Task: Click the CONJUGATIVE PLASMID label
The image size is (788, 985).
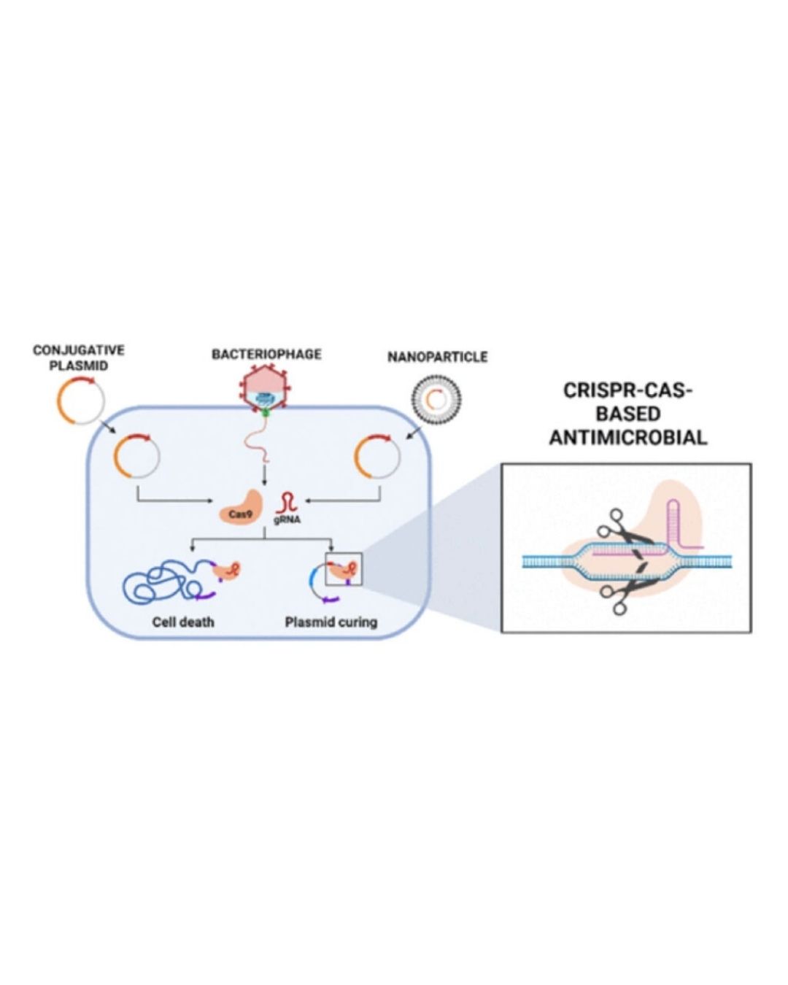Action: click(x=79, y=358)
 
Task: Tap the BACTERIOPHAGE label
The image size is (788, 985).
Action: click(x=266, y=354)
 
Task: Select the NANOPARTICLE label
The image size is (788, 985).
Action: click(x=437, y=357)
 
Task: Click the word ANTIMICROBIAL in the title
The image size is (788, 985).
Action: click(x=627, y=437)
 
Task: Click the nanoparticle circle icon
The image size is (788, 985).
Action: click(x=436, y=399)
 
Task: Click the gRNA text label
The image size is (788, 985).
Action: click(x=288, y=520)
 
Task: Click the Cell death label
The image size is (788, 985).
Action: click(x=183, y=622)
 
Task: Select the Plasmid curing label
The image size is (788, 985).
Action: click(x=331, y=622)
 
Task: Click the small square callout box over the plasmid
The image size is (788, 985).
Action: click(x=344, y=569)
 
